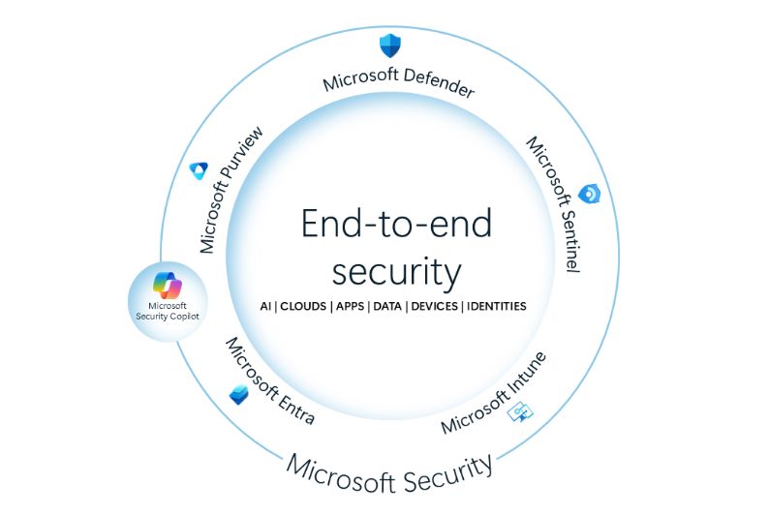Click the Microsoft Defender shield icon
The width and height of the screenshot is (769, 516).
pyautogui.click(x=390, y=46)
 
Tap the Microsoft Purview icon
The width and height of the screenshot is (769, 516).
pyautogui.click(x=200, y=170)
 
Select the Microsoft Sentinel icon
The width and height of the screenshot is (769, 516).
pyautogui.click(x=589, y=194)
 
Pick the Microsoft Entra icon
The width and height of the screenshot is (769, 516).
pyautogui.click(x=239, y=395)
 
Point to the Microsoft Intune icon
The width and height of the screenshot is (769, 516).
pyautogui.click(x=520, y=412)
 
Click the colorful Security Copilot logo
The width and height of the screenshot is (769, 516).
pyautogui.click(x=168, y=286)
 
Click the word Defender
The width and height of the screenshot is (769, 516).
pyautogui.click(x=439, y=83)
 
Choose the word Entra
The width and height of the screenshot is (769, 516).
pyautogui.click(x=295, y=408)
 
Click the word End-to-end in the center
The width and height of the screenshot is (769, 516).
pyautogui.click(x=396, y=224)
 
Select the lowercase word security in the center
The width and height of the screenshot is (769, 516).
pyautogui.click(x=397, y=272)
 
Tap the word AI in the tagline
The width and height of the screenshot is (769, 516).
pyautogui.click(x=265, y=306)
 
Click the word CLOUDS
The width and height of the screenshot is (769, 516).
pyautogui.click(x=303, y=306)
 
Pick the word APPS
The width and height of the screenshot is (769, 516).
pyautogui.click(x=351, y=306)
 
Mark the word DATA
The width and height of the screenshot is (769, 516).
pyautogui.click(x=387, y=306)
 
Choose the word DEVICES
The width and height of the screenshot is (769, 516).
pyautogui.click(x=435, y=306)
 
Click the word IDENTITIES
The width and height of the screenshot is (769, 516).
pyautogui.click(x=496, y=306)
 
